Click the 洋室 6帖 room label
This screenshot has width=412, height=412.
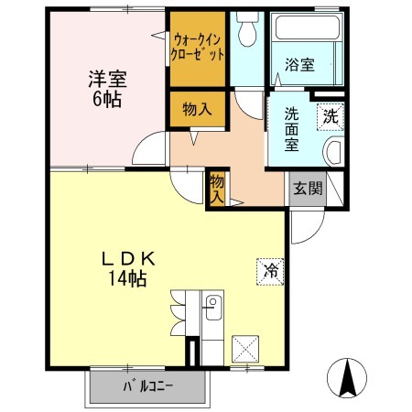click(x=107, y=89)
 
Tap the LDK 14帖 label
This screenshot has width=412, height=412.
click(x=128, y=269)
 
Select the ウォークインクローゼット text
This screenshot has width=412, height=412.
click(x=198, y=48)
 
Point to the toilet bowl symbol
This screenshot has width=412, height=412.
click(x=247, y=30)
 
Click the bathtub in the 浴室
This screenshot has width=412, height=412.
click(x=307, y=27)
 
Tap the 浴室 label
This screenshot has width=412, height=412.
click(x=299, y=65)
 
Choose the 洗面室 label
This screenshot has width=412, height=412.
click(x=292, y=129)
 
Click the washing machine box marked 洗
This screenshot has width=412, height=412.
click(x=331, y=117)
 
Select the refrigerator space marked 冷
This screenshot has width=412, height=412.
click(x=270, y=272)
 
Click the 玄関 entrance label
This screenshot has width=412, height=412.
click(x=308, y=188)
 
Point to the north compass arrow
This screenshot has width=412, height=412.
click(x=347, y=377)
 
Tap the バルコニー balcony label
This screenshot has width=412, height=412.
click(x=147, y=387)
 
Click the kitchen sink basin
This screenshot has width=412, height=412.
click(x=213, y=308)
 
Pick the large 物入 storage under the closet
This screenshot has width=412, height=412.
click(x=197, y=109)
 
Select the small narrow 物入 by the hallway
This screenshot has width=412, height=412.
click(x=217, y=189)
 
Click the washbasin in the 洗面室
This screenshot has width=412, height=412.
click(x=333, y=152)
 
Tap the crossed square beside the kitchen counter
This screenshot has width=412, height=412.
click(x=245, y=349)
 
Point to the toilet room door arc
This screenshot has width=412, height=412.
click(x=244, y=111)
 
